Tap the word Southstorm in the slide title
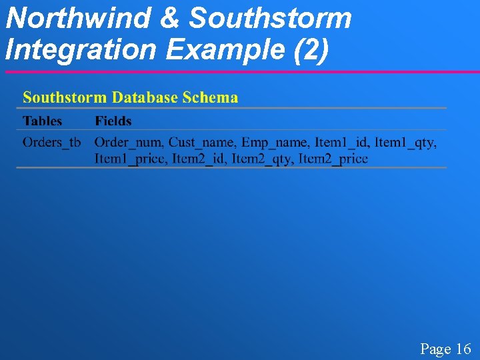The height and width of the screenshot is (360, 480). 270,18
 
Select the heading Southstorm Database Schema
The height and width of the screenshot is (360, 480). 130,97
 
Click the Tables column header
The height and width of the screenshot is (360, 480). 42,121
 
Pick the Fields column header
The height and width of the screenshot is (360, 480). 113,121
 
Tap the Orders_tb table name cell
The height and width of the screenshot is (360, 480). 51,142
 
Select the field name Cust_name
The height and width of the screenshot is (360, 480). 201,142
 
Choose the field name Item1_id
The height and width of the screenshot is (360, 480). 341,142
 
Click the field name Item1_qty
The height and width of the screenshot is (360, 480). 405,142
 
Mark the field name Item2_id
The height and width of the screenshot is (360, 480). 199,159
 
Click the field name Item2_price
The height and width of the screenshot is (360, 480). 333,159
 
